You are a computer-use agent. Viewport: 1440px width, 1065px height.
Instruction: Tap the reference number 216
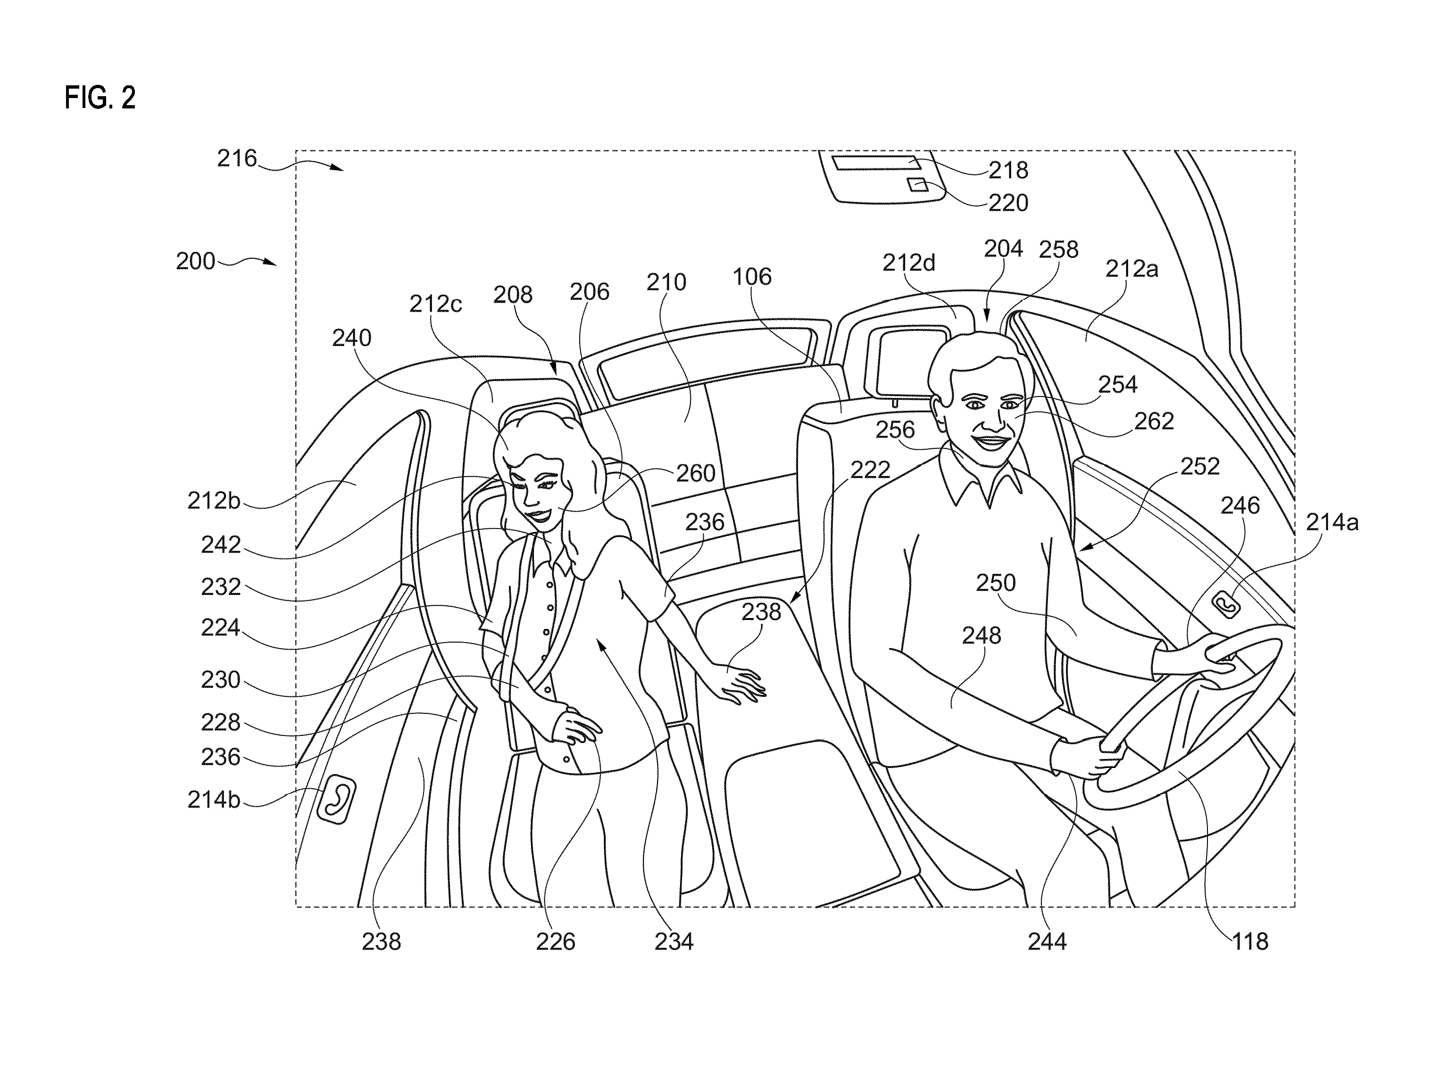tap(237, 158)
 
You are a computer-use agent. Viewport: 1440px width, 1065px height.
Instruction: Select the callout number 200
tap(195, 261)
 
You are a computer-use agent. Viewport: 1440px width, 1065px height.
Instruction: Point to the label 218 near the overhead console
tap(1008, 170)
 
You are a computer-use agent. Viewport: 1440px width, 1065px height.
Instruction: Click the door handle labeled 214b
tap(336, 800)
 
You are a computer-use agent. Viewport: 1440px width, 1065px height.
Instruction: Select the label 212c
tap(435, 304)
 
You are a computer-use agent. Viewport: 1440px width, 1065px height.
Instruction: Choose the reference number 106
tap(752, 277)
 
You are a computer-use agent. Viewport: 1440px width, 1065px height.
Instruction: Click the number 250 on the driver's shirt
tap(996, 583)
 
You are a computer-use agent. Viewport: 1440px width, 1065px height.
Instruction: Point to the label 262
tap(1154, 421)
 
